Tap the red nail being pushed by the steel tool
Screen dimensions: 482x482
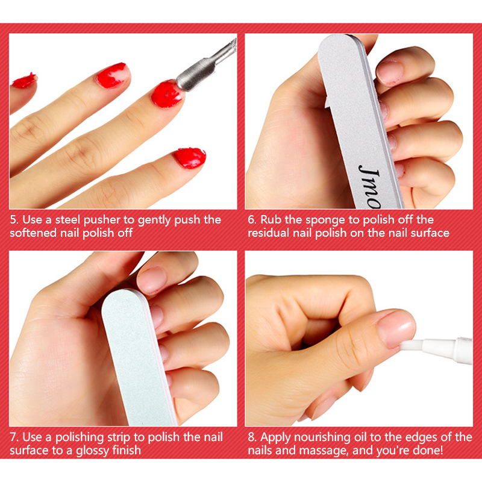point(167,94)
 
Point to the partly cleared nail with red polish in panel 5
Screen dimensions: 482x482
point(112,75)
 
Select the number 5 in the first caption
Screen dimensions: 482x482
point(13,220)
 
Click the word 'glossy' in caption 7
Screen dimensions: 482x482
point(92,451)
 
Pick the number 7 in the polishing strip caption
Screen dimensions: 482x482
point(13,437)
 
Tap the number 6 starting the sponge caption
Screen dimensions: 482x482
point(251,220)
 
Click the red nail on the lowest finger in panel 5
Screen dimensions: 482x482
point(190,158)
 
